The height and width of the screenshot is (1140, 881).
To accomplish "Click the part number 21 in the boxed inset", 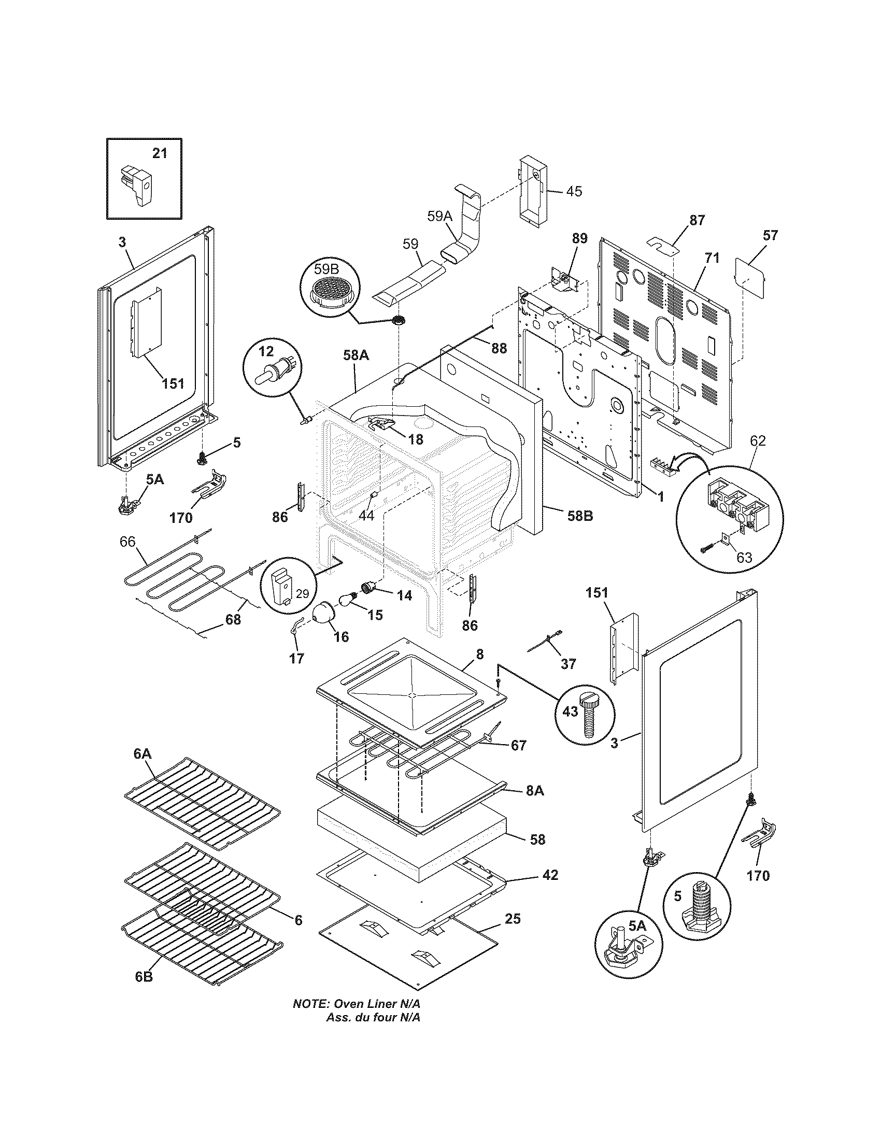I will pos(160,154).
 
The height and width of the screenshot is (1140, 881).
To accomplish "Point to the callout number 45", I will pos(574,192).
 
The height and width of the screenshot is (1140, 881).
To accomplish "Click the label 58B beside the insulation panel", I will pos(580,516).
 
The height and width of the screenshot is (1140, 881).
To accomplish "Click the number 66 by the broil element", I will pos(127,542).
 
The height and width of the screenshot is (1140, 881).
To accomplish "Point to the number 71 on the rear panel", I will pos(713,258).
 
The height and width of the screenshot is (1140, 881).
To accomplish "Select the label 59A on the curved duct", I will pos(439,217).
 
